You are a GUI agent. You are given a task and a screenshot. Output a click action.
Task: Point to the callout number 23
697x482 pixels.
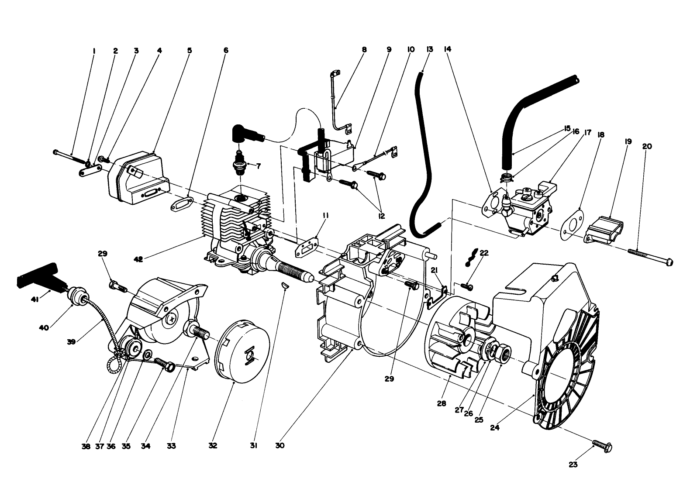pyautogui.click(x=573, y=465)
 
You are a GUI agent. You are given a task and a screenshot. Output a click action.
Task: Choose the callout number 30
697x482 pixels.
pyautogui.click(x=280, y=446)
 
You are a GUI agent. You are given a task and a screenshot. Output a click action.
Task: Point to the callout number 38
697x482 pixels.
pyautogui.click(x=86, y=446)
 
